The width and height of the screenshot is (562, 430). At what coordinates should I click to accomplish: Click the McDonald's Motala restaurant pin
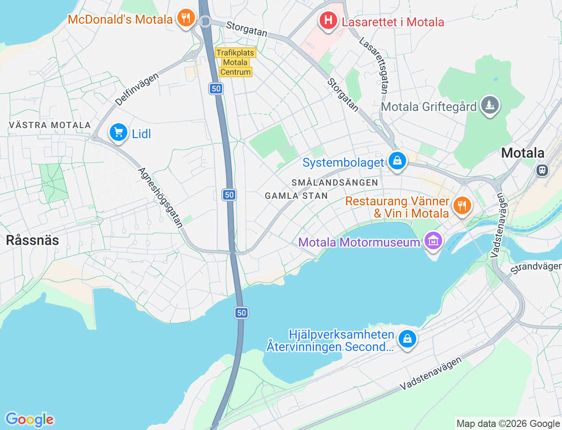click(186, 18)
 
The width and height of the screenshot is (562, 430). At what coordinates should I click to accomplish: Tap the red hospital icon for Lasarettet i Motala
click(328, 21)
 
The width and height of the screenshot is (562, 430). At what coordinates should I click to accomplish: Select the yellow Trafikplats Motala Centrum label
click(235, 62)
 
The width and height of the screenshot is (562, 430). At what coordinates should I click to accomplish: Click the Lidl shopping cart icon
click(118, 132)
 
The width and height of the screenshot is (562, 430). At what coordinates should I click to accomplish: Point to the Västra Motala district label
click(50, 125)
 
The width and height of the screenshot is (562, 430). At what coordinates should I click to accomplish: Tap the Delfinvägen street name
click(137, 90)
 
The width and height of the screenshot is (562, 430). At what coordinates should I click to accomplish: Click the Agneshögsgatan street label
click(161, 197)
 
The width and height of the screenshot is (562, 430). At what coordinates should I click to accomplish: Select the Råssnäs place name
click(32, 240)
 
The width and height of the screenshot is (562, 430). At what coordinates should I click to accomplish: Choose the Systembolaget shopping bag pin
click(397, 161)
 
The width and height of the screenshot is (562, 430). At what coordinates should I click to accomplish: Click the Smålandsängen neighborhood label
click(335, 183)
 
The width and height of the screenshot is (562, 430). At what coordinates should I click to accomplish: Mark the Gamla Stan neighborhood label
click(296, 196)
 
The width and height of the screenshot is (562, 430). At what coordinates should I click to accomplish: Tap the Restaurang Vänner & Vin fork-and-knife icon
click(461, 205)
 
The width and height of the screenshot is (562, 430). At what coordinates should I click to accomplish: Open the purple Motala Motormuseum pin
click(433, 241)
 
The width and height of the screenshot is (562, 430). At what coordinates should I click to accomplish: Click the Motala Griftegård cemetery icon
click(489, 105)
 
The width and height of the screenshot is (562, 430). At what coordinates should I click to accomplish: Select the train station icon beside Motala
click(543, 170)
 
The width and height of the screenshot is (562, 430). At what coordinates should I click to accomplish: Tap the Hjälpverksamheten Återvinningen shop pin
click(407, 339)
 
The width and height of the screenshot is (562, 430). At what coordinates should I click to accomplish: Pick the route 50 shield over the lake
click(241, 312)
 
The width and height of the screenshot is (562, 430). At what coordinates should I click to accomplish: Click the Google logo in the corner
click(29, 420)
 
